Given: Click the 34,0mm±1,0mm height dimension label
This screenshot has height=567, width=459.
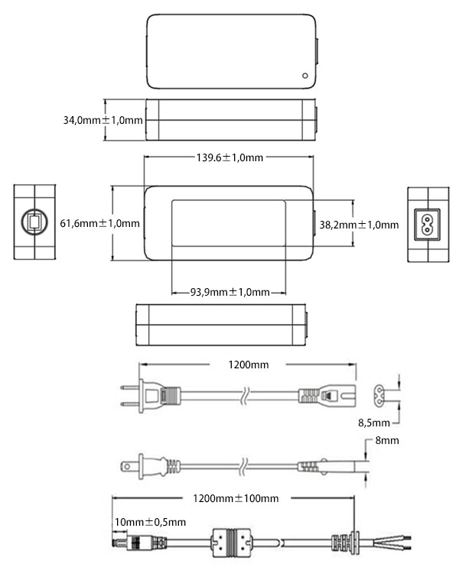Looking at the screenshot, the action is click(x=103, y=120).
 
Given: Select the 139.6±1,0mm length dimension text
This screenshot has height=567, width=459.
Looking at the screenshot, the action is click(x=229, y=157).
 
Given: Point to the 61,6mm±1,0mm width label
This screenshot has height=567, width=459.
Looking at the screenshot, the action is click(x=100, y=223).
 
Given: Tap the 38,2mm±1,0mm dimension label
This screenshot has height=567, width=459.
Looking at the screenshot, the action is click(x=359, y=225).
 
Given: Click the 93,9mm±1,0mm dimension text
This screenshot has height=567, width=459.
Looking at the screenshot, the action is click(x=229, y=292).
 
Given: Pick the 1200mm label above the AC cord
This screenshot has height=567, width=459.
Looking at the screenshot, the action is click(x=249, y=364).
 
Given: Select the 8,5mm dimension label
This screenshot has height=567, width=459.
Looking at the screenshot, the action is click(x=374, y=423).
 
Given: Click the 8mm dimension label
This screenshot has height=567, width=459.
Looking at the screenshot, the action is click(x=387, y=440).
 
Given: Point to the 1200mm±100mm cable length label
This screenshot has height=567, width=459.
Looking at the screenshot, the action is click(x=236, y=498).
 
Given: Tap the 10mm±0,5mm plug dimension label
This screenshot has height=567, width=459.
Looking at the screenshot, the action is click(x=150, y=522).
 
